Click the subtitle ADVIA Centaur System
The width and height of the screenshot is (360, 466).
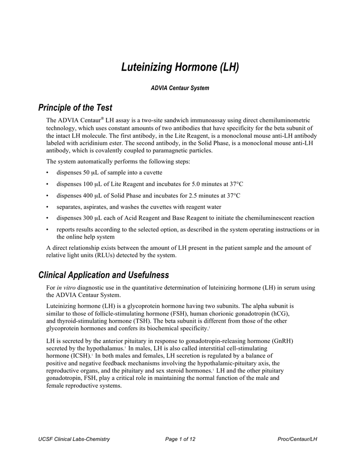tap(180, 88)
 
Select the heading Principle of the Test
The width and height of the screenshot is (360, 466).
tap(75, 108)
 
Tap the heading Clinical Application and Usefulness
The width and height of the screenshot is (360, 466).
tap(104, 275)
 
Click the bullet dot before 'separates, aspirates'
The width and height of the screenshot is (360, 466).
tap(48, 207)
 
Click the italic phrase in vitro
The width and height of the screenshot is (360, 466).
tap(66, 288)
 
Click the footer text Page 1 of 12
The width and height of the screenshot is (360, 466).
tap(180, 439)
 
